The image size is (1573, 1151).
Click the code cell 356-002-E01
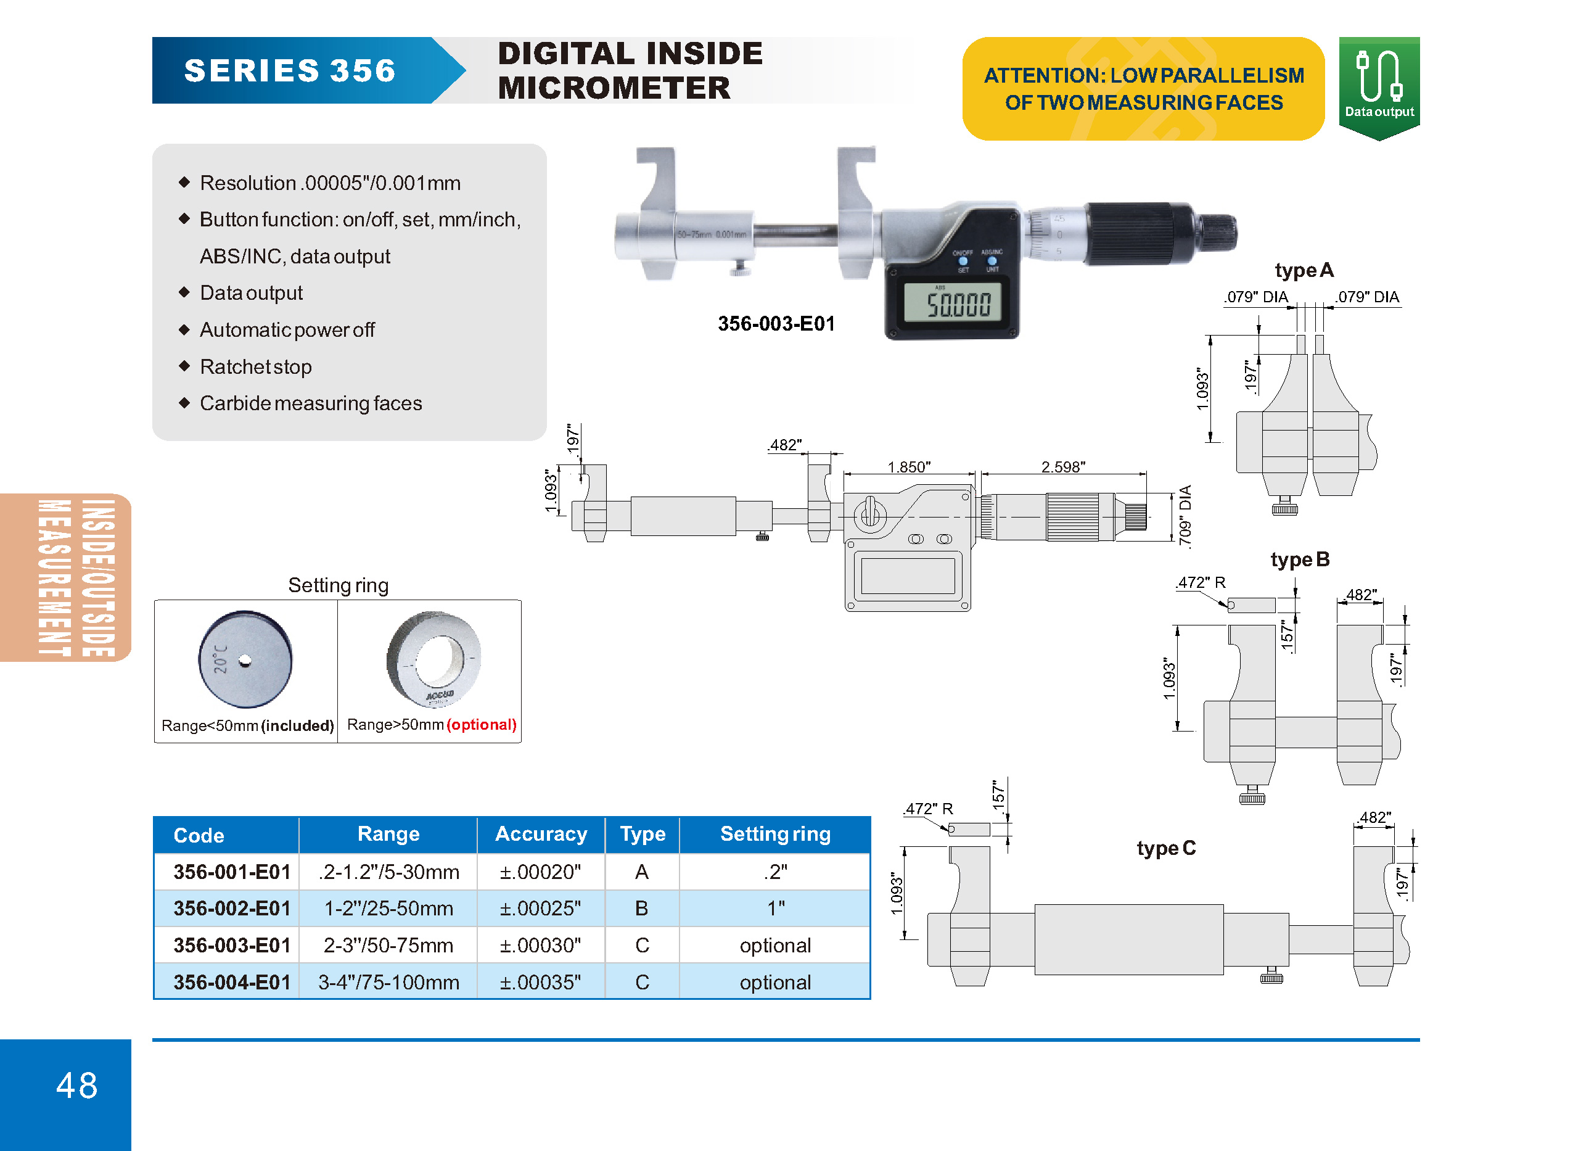click(x=232, y=909)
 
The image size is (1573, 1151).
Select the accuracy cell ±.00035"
click(x=540, y=983)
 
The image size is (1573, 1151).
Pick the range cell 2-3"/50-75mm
click(x=388, y=946)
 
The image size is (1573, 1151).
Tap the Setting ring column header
click(x=775, y=834)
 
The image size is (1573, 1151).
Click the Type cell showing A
click(x=641, y=872)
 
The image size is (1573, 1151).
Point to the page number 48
click(x=76, y=1086)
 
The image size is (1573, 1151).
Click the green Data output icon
click(x=1379, y=88)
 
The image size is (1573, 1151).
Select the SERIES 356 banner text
click(x=290, y=70)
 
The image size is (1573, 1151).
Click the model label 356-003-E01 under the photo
click(x=776, y=323)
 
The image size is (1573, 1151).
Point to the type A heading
click(x=1304, y=270)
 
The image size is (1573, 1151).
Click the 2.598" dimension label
click(x=1062, y=466)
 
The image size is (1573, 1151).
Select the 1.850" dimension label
click(x=909, y=466)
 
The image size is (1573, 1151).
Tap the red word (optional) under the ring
click(x=481, y=725)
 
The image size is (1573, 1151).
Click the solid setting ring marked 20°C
click(x=245, y=659)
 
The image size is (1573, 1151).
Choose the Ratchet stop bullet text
click(x=255, y=366)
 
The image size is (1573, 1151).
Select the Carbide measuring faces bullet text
click(x=311, y=403)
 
